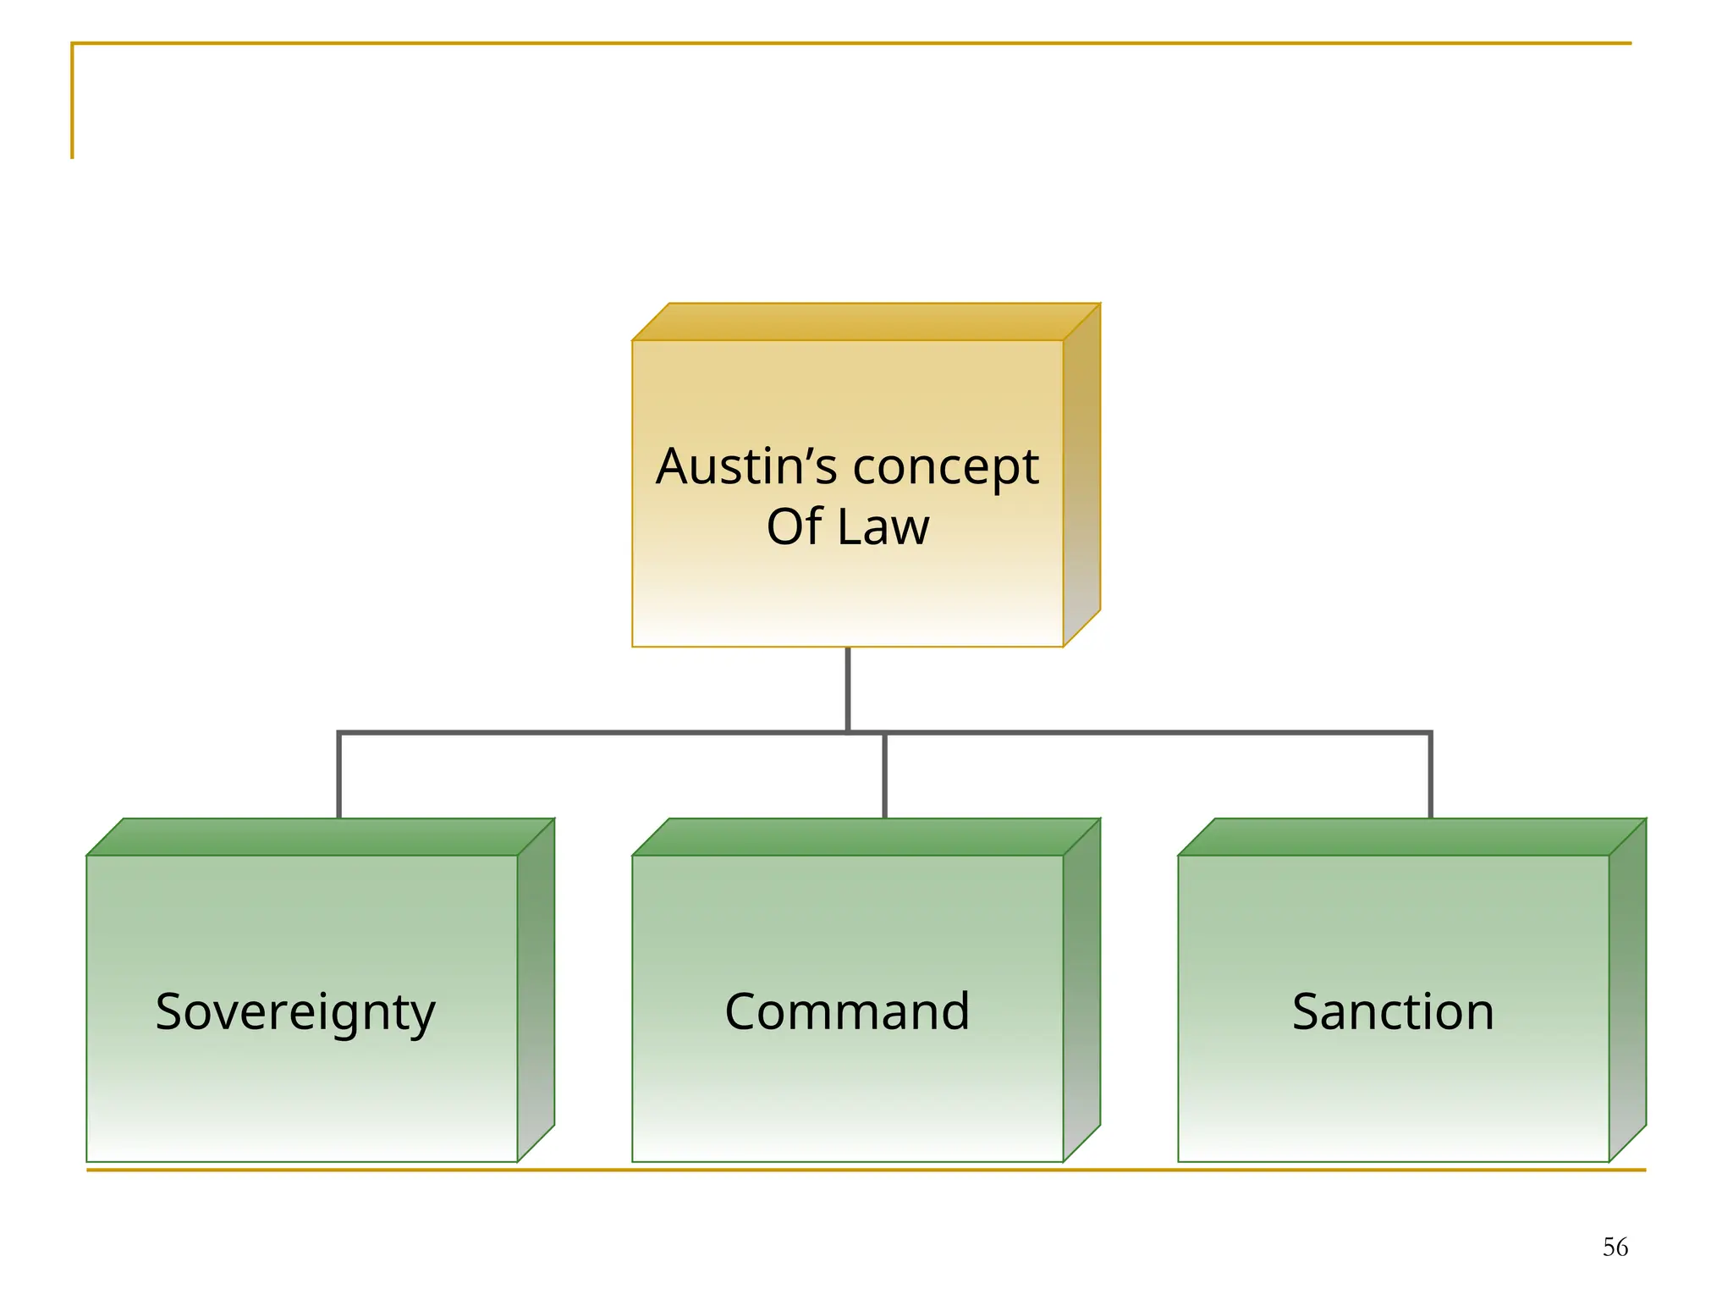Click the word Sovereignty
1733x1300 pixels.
295,1012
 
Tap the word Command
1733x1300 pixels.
847,1011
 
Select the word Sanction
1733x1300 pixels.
1393,1011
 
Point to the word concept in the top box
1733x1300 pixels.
945,468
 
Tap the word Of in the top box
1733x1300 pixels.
794,526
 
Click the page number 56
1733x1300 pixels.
1615,1247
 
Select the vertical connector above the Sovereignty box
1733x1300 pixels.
339,775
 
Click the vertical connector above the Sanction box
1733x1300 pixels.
1430,775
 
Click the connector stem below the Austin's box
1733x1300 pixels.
847,687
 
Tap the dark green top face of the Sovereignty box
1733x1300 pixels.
320,837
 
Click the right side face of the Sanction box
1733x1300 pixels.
1627,990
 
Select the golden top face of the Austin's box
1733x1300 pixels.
866,322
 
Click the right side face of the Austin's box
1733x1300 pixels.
1081,474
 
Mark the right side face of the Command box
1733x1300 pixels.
1081,990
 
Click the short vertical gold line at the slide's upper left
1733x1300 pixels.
73,102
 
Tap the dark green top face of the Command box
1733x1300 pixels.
866,837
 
